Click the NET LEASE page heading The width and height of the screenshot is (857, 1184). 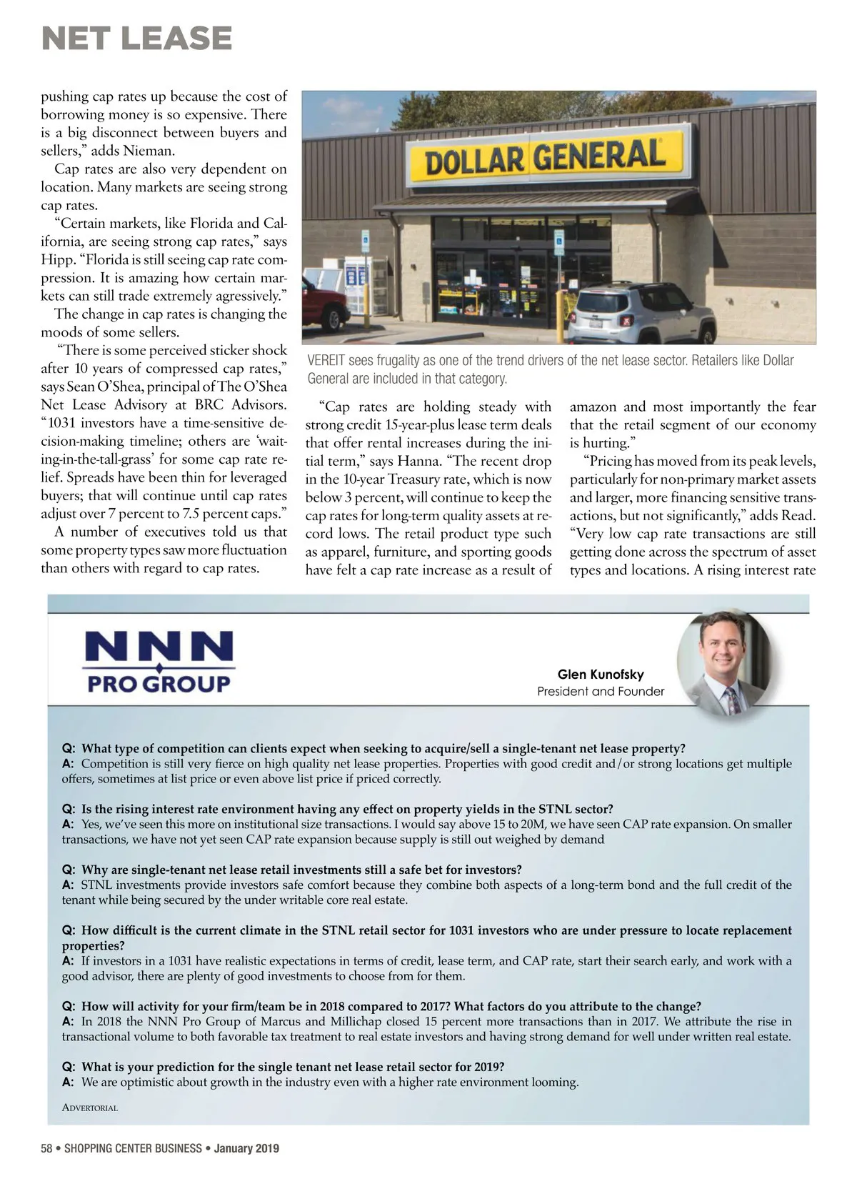coord(137,39)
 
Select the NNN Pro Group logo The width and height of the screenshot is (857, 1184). coord(159,662)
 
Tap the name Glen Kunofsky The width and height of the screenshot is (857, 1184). coord(600,675)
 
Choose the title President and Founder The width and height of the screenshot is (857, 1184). coord(600,692)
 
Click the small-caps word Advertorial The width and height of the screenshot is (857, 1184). coord(90,1108)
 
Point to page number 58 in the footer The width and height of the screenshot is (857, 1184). coord(47,1148)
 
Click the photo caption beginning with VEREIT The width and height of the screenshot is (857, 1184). coord(550,369)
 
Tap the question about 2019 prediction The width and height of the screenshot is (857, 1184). coord(293,1067)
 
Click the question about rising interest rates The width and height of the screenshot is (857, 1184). coord(347,809)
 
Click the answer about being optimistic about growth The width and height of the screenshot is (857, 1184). coord(329,1082)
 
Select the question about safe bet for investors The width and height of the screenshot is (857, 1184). coord(301,870)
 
